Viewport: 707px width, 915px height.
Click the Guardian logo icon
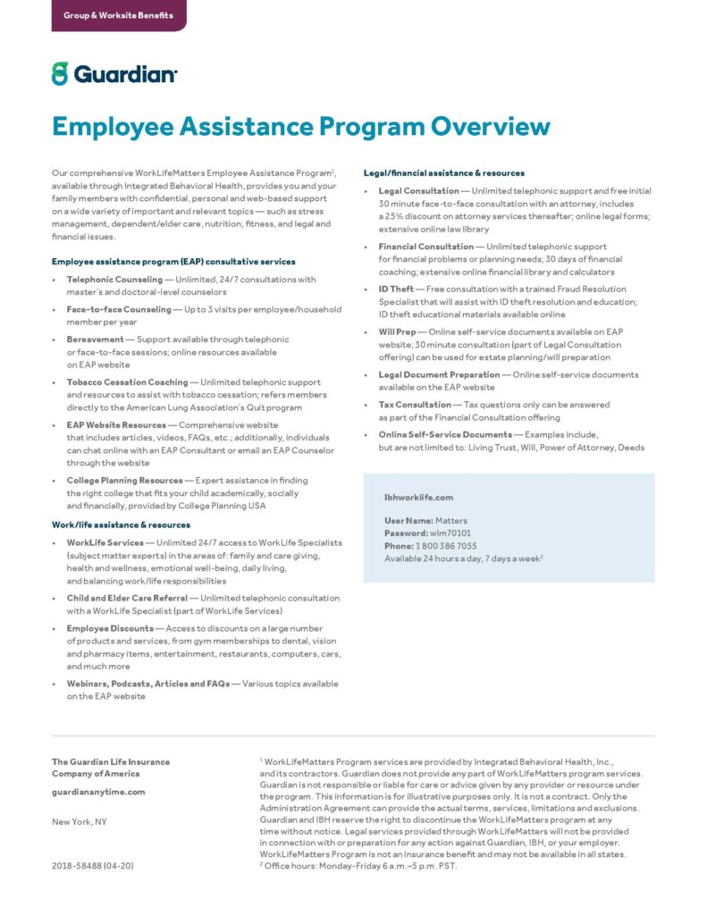(60, 73)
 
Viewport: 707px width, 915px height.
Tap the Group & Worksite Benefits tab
(118, 15)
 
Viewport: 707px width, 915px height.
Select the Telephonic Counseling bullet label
(114, 280)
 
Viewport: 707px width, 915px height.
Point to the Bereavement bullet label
(96, 340)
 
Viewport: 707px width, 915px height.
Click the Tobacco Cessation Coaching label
(127, 382)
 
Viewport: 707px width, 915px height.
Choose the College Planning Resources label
(124, 481)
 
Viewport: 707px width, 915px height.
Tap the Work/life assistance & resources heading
(120, 525)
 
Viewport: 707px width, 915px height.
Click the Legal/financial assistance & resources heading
(443, 172)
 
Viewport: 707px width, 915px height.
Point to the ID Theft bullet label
(396, 290)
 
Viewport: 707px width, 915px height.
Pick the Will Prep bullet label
(397, 332)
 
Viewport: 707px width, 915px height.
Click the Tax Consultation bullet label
(415, 405)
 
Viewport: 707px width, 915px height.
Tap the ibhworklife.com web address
(418, 497)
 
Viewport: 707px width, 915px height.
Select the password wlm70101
(451, 533)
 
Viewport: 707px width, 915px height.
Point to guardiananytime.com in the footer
(98, 792)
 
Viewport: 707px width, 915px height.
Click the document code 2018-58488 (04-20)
(93, 866)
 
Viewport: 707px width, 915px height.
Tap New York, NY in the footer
(79, 821)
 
